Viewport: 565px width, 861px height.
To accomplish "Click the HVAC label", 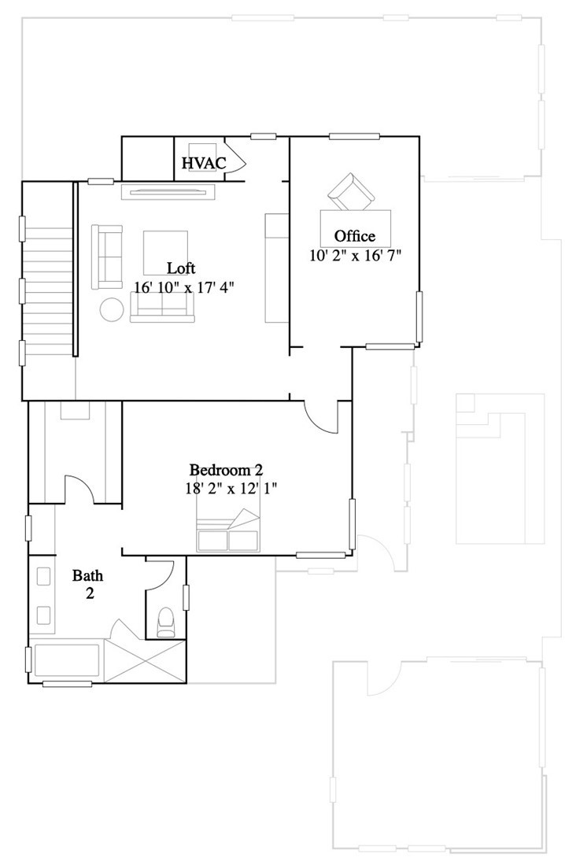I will (204, 164).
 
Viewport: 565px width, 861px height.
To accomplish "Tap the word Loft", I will (181, 268).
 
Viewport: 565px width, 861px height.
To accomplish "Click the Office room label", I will (355, 236).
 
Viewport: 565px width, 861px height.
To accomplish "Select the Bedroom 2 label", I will (226, 471).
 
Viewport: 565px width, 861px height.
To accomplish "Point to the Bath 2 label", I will (88, 584).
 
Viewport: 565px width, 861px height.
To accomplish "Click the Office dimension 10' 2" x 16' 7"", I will (356, 255).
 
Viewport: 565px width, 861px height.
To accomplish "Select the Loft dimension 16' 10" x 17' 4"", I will (184, 287).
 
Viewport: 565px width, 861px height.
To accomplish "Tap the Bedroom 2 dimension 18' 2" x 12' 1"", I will (226, 488).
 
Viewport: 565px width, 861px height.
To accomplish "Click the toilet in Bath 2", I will (166, 622).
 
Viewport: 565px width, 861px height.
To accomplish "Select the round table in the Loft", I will (111, 309).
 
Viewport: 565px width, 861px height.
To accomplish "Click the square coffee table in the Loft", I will (165, 252).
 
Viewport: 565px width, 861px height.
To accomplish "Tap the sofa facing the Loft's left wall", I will (107, 257).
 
